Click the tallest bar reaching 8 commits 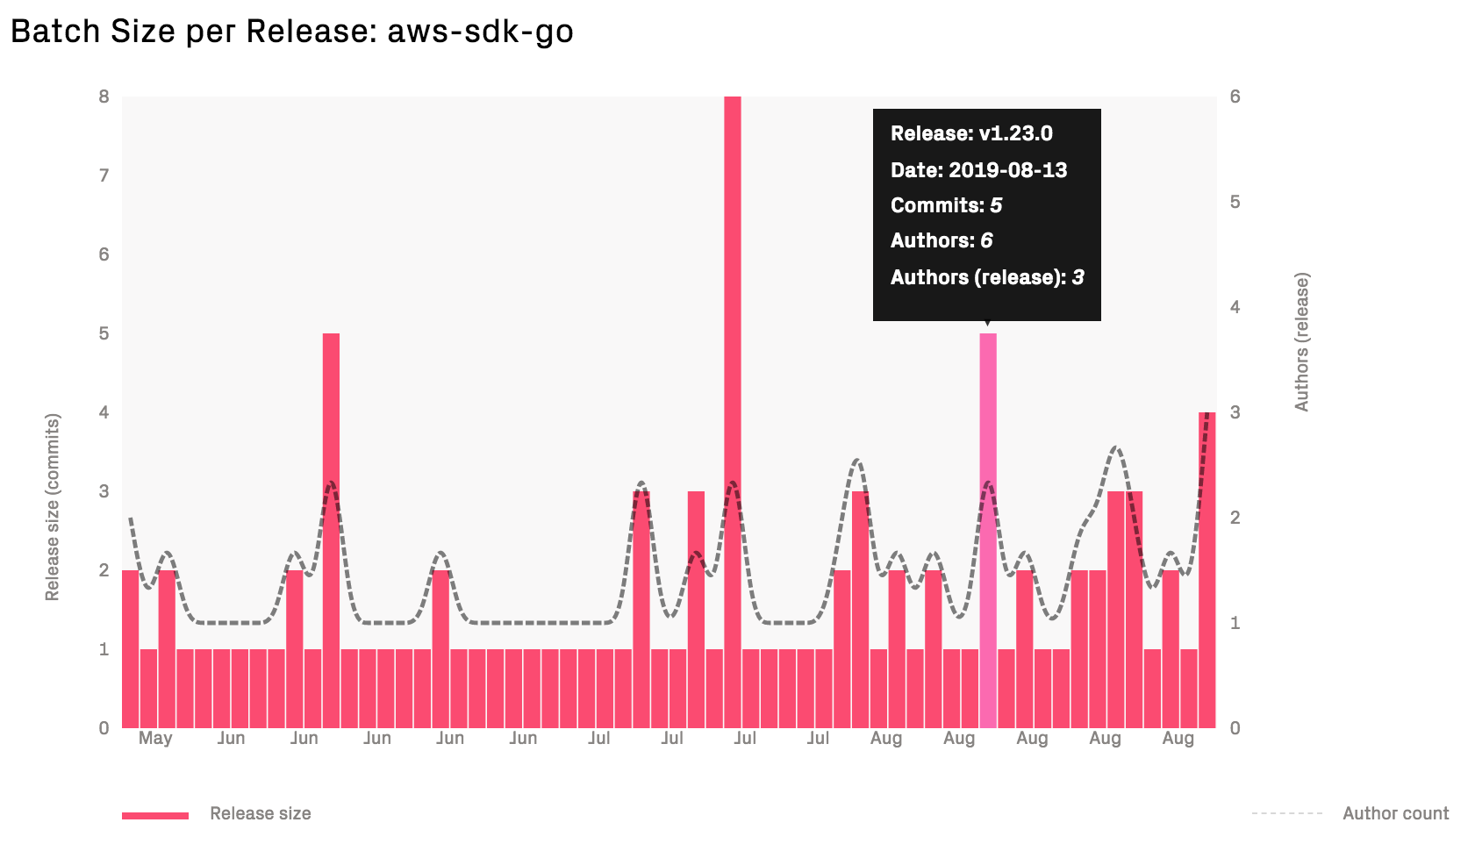(732, 412)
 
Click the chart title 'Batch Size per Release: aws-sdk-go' (291, 32)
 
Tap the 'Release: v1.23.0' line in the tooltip (971, 133)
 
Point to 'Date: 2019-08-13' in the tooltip (978, 170)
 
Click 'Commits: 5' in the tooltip (946, 205)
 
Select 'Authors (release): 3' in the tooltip (987, 277)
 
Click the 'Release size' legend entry (260, 813)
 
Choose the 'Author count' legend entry (1394, 813)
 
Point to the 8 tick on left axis (104, 97)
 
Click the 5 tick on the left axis (104, 333)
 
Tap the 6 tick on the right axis (1235, 97)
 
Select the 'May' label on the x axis (155, 738)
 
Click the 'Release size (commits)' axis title (53, 507)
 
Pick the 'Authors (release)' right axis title (1301, 342)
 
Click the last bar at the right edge (1206, 570)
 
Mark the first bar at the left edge (130, 649)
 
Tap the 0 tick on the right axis (1235, 728)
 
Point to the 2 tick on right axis (1235, 518)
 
